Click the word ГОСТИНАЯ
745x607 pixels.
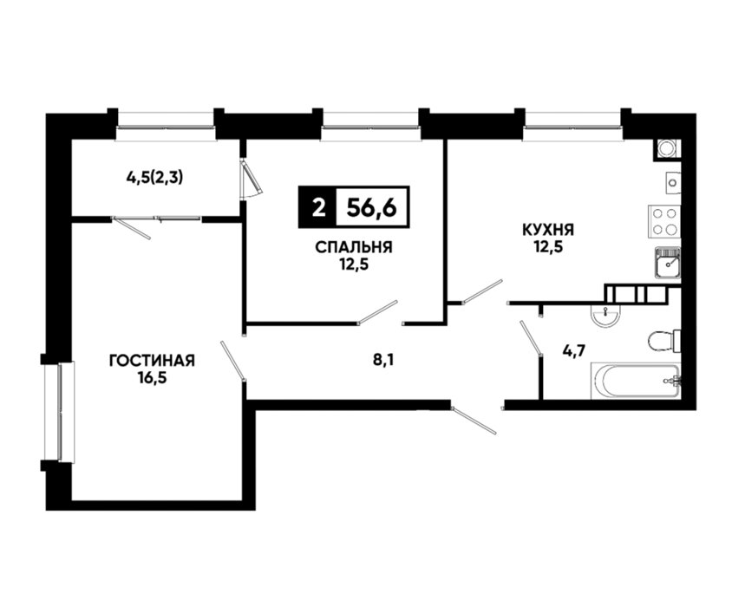click(152, 361)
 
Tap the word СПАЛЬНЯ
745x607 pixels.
click(354, 247)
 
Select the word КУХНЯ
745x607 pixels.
click(548, 230)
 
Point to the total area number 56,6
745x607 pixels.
click(371, 207)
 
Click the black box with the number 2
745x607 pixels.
click(317, 207)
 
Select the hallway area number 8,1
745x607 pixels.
click(384, 360)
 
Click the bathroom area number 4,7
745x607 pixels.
click(574, 351)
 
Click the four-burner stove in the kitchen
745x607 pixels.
click(664, 222)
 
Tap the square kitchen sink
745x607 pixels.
click(668, 263)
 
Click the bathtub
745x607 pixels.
click(635, 381)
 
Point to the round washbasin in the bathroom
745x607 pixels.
click(604, 315)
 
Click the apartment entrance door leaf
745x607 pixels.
click(474, 420)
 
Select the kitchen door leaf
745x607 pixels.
click(482, 290)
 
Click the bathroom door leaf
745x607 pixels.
click(532, 337)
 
